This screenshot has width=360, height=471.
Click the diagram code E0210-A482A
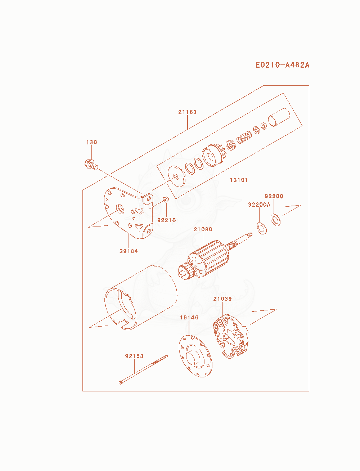(x=282, y=65)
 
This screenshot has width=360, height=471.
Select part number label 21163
(x=187, y=112)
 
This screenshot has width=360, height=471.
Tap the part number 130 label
(x=91, y=142)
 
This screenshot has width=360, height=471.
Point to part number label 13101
(x=239, y=180)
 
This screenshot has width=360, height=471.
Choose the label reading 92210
(x=166, y=220)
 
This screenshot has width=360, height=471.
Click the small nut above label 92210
(x=166, y=199)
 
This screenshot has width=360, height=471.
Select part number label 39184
(x=129, y=251)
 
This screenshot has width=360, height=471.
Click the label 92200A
(x=259, y=205)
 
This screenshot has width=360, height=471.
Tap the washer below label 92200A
(x=261, y=228)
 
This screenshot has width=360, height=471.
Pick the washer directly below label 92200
(x=275, y=220)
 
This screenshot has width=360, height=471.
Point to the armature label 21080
(x=203, y=229)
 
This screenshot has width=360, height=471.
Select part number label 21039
(x=222, y=299)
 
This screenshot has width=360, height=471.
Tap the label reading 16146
(x=189, y=317)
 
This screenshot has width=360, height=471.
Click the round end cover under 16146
(x=195, y=356)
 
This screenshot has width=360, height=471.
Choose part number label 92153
(x=134, y=356)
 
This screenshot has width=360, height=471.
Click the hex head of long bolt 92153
(x=121, y=382)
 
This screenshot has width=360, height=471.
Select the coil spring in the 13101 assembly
(x=244, y=137)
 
